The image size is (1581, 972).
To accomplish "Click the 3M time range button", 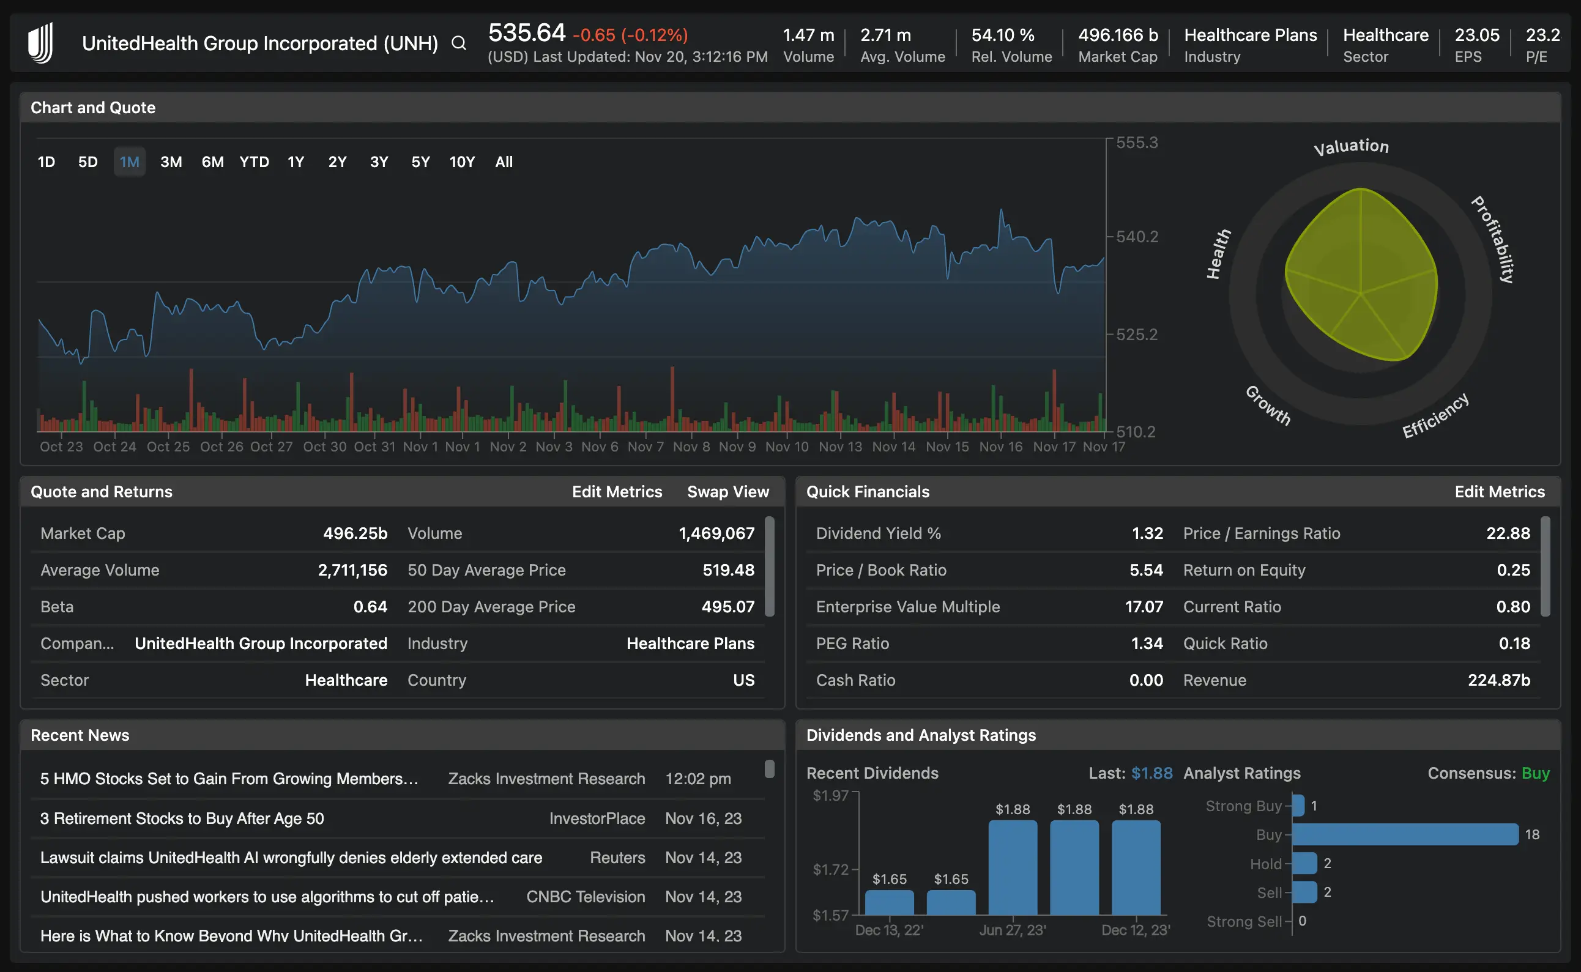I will (x=171, y=162).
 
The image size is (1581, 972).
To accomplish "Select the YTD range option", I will (x=254, y=162).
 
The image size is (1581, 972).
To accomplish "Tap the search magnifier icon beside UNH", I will (x=458, y=43).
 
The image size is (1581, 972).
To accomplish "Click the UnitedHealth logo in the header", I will (x=41, y=43).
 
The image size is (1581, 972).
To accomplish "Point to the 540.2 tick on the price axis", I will (x=1136, y=237).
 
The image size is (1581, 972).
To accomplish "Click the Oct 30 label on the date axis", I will (x=325, y=447).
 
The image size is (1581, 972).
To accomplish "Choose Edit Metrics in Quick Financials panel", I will (x=1500, y=492).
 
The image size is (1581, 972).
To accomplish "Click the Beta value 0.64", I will (x=370, y=607).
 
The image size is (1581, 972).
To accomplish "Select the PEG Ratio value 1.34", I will (x=1147, y=644).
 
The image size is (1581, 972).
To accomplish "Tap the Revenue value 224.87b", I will (x=1498, y=680).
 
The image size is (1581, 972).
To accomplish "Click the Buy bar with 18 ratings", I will (x=1405, y=834).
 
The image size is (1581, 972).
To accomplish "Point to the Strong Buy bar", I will (x=1298, y=806).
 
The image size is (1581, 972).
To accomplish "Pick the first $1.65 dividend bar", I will (x=889, y=902).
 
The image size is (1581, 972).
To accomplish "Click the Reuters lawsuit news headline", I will (x=291, y=858).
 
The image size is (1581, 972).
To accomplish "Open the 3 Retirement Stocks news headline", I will (x=182, y=818).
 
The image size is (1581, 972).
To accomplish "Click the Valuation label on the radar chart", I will (x=1351, y=147).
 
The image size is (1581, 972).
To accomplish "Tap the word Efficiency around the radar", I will (x=1435, y=416).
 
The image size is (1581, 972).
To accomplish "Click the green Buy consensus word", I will (x=1535, y=773).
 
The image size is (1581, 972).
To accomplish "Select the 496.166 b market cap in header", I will (x=1117, y=35).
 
